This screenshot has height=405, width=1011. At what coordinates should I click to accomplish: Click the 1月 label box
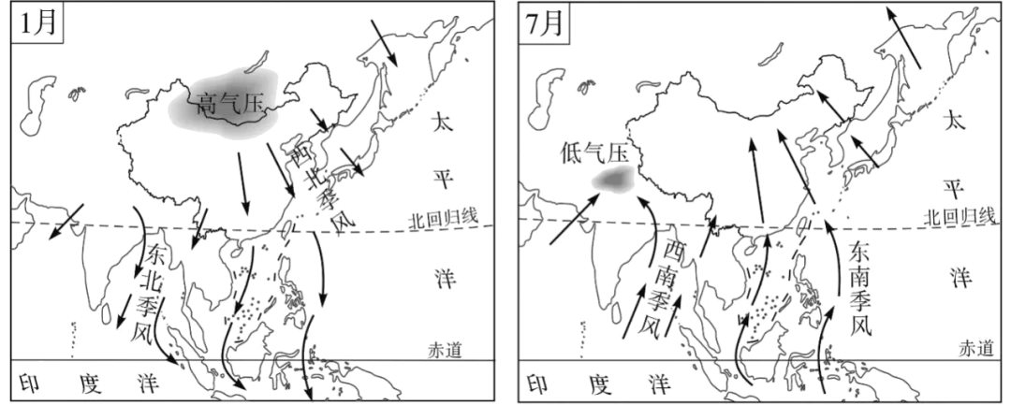(x=37, y=23)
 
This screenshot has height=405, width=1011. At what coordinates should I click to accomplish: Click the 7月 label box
(x=544, y=23)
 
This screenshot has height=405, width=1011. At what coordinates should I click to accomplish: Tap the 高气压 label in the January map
(x=231, y=104)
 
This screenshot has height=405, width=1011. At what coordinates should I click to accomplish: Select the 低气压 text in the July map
(x=593, y=154)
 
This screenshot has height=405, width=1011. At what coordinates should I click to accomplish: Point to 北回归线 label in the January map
(x=442, y=218)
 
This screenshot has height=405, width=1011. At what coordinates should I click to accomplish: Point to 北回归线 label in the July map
(x=959, y=217)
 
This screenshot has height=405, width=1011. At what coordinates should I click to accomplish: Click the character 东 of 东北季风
(x=156, y=253)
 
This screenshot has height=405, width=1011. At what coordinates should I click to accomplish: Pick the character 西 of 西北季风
(x=301, y=153)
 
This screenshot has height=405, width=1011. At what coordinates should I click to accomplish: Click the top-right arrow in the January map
(x=385, y=42)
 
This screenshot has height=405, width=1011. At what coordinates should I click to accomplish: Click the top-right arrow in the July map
(x=902, y=37)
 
